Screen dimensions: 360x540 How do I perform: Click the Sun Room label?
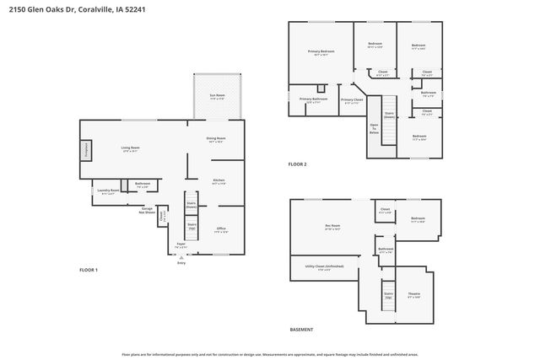(217, 97)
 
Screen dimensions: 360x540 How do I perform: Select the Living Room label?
(129, 148)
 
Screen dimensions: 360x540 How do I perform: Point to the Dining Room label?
(216, 139)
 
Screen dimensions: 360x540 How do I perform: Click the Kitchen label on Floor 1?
(218, 180)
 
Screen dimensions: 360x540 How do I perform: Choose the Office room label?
(220, 229)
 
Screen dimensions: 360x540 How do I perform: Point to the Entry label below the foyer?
(181, 263)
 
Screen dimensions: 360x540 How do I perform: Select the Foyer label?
(181, 245)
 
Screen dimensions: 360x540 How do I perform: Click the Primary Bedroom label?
(321, 53)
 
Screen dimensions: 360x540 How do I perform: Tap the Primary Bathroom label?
(313, 100)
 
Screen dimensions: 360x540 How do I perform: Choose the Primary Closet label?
(352, 100)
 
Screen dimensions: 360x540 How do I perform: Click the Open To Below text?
(374, 128)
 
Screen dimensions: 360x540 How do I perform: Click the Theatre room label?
(414, 295)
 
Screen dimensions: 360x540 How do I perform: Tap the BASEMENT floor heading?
(301, 330)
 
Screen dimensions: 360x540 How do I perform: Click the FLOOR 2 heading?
(297, 164)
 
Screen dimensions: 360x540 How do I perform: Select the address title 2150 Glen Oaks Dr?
(62, 10)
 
